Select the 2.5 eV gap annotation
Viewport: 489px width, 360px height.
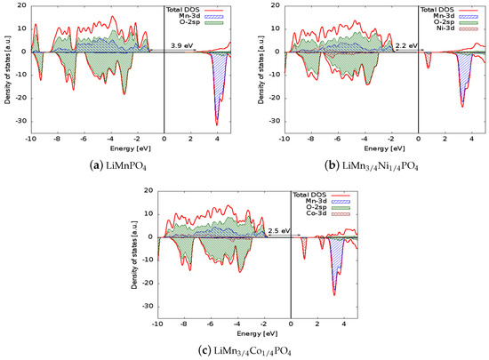click(279, 230)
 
